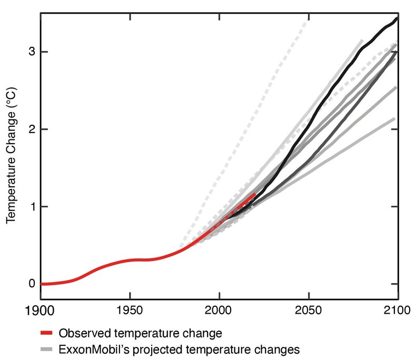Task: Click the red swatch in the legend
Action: click(48, 333)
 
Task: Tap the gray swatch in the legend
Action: click(48, 349)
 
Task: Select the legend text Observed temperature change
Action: click(140, 333)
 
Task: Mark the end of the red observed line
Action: click(255, 194)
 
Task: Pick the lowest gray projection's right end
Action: click(394, 118)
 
